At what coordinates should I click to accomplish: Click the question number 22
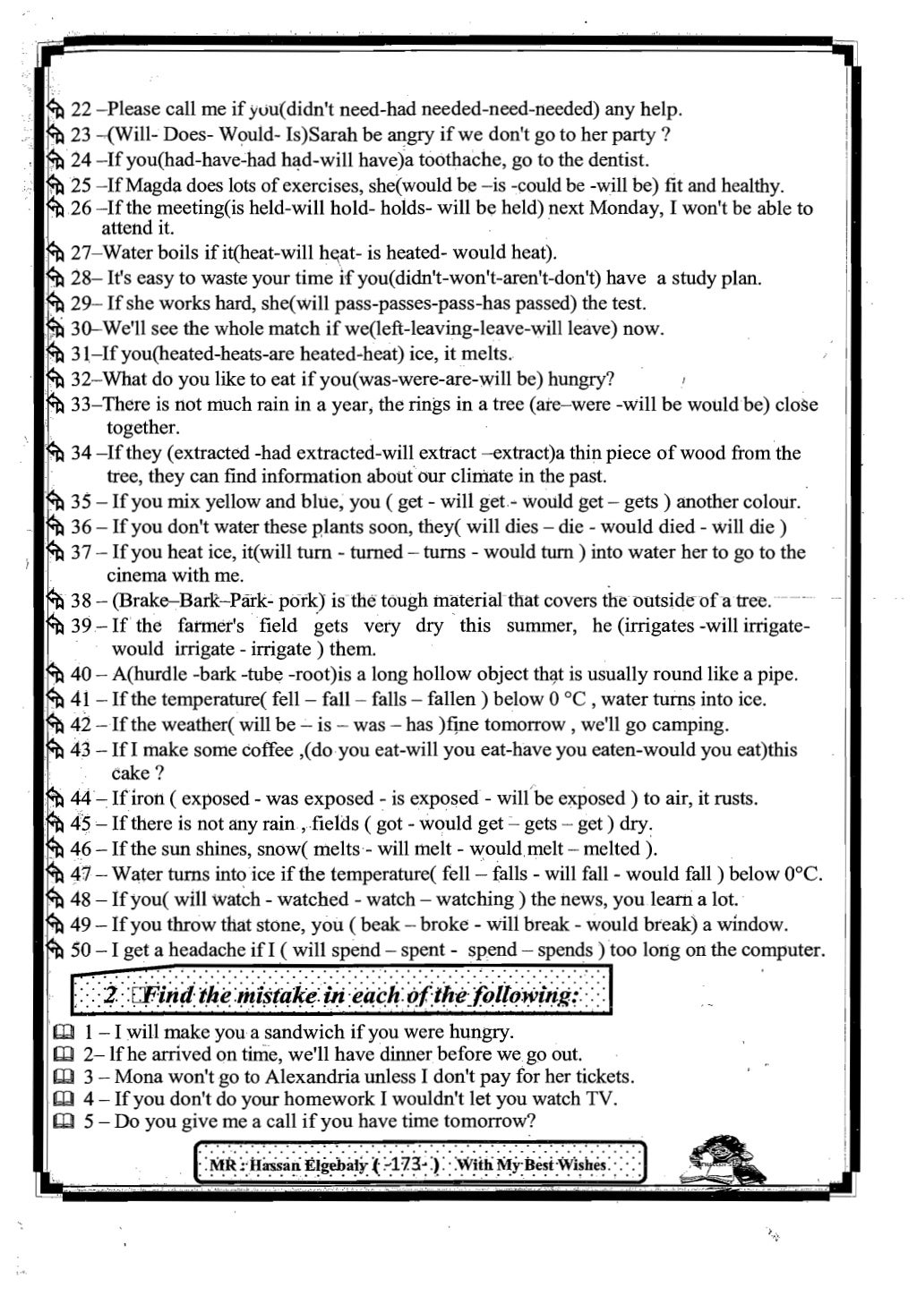[81, 110]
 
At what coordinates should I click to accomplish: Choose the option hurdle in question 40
[165, 674]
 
